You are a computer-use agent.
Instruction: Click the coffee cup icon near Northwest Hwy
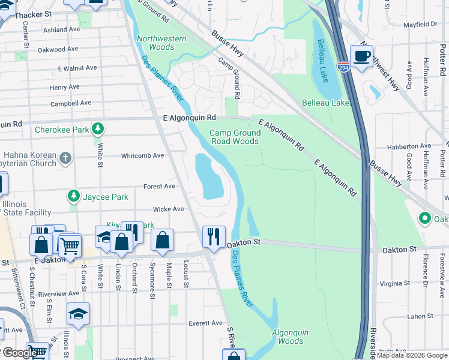[x=361, y=56]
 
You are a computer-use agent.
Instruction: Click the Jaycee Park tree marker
[x=73, y=196]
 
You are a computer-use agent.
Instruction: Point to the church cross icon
[x=65, y=158]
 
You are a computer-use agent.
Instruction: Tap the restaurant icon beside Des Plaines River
[x=214, y=236]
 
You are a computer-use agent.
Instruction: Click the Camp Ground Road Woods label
[x=234, y=137]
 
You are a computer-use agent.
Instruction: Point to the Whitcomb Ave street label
[x=142, y=155]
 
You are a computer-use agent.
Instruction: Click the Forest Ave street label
[x=159, y=187]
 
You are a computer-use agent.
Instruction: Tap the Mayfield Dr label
[x=420, y=25]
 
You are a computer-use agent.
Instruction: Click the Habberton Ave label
[x=409, y=146]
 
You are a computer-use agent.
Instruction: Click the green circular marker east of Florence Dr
[x=426, y=218]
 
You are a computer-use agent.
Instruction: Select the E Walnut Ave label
[x=77, y=68]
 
